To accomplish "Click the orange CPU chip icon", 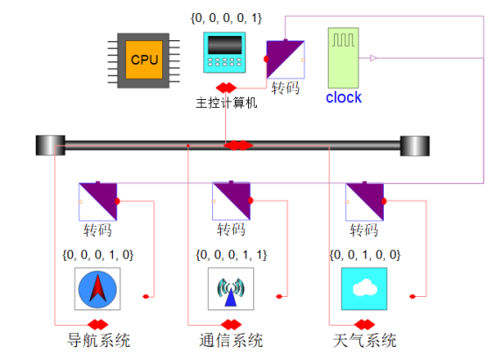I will click(x=143, y=60).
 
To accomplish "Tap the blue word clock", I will click(x=344, y=97).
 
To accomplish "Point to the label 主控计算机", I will click(x=226, y=103).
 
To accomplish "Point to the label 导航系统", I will click(x=97, y=340).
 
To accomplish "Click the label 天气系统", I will click(x=365, y=340).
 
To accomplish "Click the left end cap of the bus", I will click(x=46, y=146).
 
